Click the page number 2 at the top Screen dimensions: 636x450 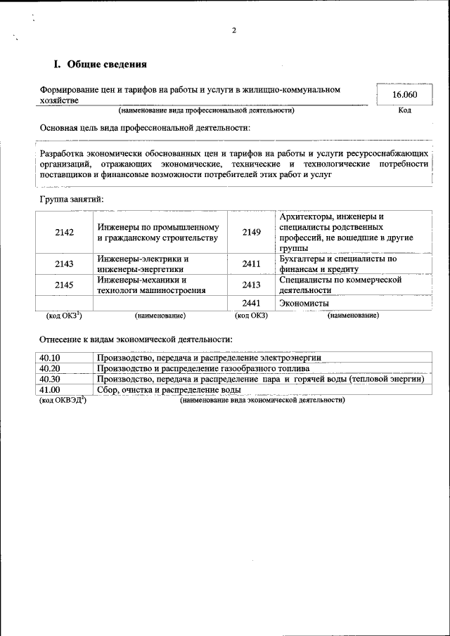pos(233,31)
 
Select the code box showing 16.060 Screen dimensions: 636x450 pos(404,95)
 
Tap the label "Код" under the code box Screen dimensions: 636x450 pos(404,110)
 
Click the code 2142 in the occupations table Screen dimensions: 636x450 pos(64,233)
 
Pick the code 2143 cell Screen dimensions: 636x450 pos(64,264)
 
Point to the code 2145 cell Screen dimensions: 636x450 pos(64,284)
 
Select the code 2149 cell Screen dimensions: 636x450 pos(251,233)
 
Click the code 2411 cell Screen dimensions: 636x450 pos(251,264)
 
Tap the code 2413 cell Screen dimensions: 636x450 pos(251,284)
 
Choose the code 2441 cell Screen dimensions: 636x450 pos(251,303)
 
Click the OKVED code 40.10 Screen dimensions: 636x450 pos(50,358)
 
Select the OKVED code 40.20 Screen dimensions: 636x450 pos(50,368)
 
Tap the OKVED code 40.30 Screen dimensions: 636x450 pos(50,379)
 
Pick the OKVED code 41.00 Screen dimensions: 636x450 pos(50,389)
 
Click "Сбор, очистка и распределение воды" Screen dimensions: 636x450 pos(169,389)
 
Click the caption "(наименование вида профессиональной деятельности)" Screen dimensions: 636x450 pos(206,110)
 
